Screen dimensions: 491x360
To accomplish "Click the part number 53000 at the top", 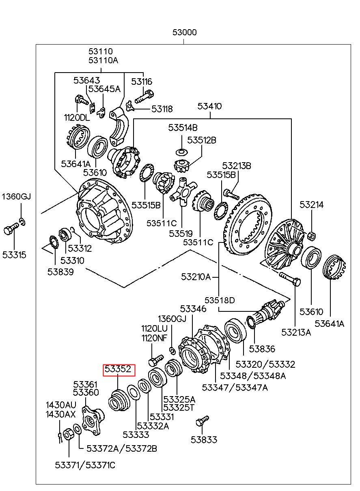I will pyautogui.click(x=184, y=32).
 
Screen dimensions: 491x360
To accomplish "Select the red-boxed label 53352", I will pyautogui.click(x=118, y=369).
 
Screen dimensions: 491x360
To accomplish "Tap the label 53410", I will pyautogui.click(x=209, y=107).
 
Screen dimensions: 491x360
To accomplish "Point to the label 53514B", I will pyautogui.click(x=183, y=128).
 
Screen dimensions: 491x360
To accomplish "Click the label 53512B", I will pyautogui.click(x=201, y=140).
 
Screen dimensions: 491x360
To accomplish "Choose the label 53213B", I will pyautogui.click(x=236, y=165).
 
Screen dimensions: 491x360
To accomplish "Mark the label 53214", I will pyautogui.click(x=312, y=205).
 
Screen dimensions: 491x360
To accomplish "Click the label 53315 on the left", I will pyautogui.click(x=14, y=255).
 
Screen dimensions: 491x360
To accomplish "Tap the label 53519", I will pyautogui.click(x=181, y=234).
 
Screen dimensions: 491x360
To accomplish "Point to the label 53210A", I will pyautogui.click(x=196, y=277).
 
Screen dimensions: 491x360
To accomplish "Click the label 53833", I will pyautogui.click(x=204, y=440).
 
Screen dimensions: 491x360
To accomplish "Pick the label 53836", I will pyautogui.click(x=262, y=349).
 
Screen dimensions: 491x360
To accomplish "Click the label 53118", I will pyautogui.click(x=162, y=109).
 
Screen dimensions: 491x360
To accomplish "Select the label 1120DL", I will pyautogui.click(x=77, y=118).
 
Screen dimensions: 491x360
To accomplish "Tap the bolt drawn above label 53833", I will pyautogui.click(x=202, y=420).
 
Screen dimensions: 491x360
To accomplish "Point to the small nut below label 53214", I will pyautogui.click(x=312, y=235).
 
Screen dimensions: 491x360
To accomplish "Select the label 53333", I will pyautogui.click(x=136, y=435).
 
